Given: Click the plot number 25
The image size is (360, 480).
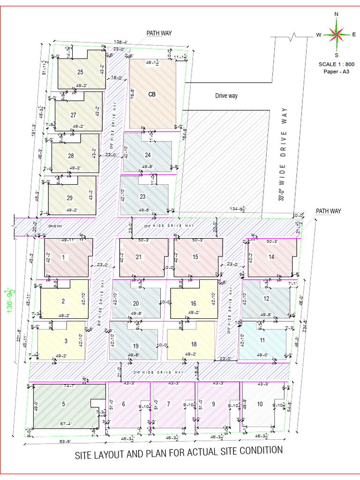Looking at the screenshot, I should click(x=80, y=72).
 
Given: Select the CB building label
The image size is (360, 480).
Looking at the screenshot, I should click(x=151, y=94).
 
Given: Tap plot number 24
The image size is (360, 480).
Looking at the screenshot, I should click(x=148, y=154).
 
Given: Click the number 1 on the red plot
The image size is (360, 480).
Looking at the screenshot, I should click(x=63, y=256).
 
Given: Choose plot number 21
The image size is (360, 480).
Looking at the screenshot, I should click(x=139, y=256).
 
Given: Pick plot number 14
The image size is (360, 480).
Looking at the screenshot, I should click(x=271, y=256).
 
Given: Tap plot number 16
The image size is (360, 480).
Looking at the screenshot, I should click(x=193, y=304).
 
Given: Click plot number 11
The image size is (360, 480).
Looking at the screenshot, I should click(x=262, y=341).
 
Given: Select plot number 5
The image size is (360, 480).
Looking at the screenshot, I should click(x=64, y=404).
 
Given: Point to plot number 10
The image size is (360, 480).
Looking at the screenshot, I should click(x=260, y=404).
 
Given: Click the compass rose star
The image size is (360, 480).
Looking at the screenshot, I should click(x=336, y=34).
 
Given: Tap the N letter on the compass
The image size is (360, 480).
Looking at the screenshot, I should click(x=336, y=14).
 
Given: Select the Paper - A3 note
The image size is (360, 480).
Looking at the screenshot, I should click(x=336, y=71).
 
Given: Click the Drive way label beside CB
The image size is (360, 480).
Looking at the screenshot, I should click(x=226, y=96).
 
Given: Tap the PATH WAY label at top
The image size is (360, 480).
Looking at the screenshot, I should click(x=159, y=33).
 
